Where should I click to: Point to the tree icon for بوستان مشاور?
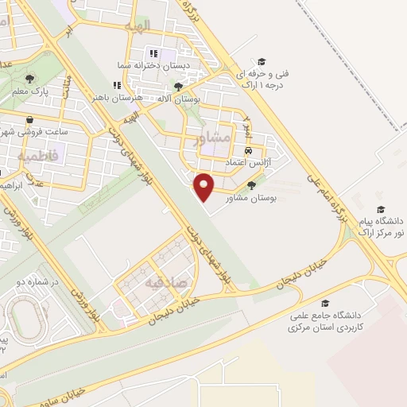point(252,185)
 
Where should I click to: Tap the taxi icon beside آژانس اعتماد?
point(249,149)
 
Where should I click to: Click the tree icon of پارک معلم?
point(30,79)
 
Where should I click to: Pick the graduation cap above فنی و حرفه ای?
point(261,60)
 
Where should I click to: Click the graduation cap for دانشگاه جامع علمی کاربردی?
point(324,304)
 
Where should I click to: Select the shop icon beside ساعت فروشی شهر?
point(29,118)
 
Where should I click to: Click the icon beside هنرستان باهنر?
point(117,85)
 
